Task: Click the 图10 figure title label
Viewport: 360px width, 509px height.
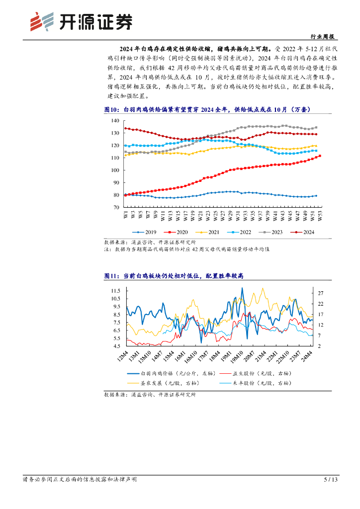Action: point(111,109)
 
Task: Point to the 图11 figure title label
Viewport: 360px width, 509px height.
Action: point(111,276)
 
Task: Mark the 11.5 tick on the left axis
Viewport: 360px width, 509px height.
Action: point(116,290)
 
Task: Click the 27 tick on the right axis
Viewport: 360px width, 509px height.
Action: point(321,293)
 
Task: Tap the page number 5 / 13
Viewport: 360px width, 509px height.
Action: point(331,480)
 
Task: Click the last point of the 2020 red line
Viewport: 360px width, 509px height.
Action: point(320,156)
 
